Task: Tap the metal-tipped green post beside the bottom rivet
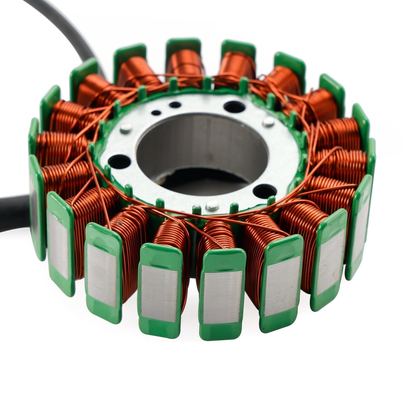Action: point(197,209)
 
